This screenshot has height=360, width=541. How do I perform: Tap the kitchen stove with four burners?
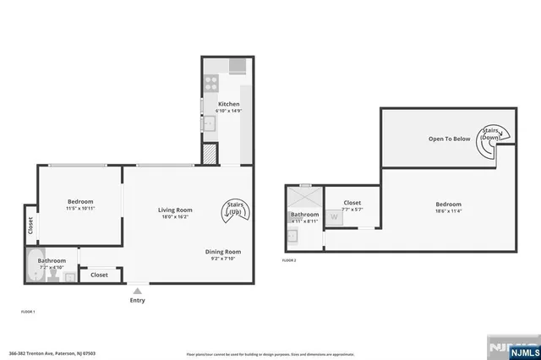[210, 84]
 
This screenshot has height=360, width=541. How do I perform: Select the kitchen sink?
[209, 123]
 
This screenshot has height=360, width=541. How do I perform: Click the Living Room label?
[176, 210]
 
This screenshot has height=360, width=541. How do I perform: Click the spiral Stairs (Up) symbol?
[233, 209]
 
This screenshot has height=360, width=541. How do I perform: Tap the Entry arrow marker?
[137, 291]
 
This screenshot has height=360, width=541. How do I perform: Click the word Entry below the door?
[137, 300]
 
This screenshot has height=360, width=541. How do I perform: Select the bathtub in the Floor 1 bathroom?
[37, 266]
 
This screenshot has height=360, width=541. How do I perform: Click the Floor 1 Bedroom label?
[79, 201]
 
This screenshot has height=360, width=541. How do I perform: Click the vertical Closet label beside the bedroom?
[30, 226]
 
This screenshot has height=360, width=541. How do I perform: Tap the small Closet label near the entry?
[99, 275]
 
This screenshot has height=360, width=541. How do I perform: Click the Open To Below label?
[449, 139]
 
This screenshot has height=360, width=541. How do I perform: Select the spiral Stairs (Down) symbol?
[489, 141]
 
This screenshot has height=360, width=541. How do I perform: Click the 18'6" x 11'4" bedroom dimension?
[449, 211]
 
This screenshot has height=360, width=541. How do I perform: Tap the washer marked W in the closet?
[333, 217]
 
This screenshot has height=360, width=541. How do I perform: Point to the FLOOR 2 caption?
[289, 260]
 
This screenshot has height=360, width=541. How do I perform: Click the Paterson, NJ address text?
[52, 352]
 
